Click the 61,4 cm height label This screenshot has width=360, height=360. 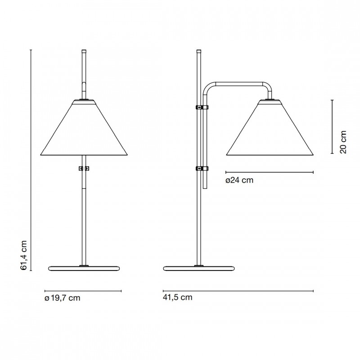(x=24, y=255)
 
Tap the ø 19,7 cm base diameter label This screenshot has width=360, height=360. (x=63, y=298)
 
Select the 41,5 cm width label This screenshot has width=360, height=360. (x=178, y=298)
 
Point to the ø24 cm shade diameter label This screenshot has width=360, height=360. (x=239, y=180)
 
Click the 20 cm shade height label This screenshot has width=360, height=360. (x=343, y=142)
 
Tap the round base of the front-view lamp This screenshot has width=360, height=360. (x=83, y=269)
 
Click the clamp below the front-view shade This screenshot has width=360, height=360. (x=84, y=169)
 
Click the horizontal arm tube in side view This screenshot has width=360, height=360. (x=238, y=84)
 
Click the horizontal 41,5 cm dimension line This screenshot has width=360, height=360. (x=238, y=291)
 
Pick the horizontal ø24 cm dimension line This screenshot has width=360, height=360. (x=269, y=172)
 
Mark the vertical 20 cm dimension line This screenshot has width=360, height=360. (x=332, y=127)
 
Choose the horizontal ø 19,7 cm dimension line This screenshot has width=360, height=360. (x=83, y=291)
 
